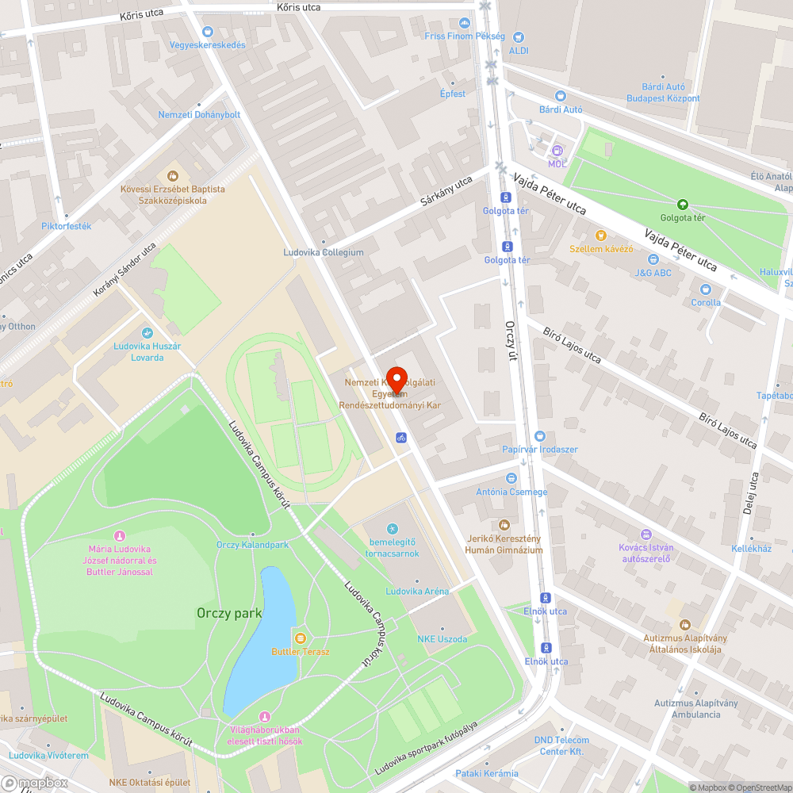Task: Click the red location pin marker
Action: coord(396,378)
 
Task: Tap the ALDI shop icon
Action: coord(519,36)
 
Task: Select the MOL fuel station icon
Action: coord(557,150)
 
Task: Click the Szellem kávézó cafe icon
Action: coord(600,235)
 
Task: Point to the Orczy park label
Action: coord(229,613)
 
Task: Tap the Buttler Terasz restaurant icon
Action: coord(300,638)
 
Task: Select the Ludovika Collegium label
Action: coord(324,252)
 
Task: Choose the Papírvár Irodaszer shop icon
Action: coord(540,435)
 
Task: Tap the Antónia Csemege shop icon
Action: coord(511,478)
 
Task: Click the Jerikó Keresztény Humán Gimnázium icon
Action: coord(504,524)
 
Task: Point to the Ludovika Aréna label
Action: coord(417,591)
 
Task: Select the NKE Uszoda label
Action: coord(442,638)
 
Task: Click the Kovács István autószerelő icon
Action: coord(646,534)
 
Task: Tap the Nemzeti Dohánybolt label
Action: coord(199,114)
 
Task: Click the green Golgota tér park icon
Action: coord(682,204)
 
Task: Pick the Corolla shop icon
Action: coord(706,289)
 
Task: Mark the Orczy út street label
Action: coord(511,340)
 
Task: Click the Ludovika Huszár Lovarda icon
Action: coord(147,333)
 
